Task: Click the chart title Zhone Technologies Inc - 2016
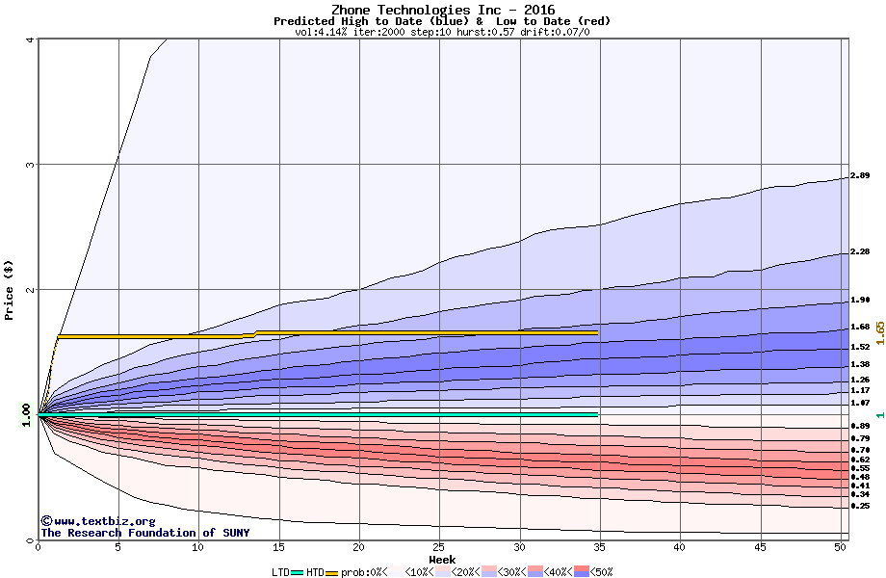[442, 10]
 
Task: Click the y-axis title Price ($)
[9, 290]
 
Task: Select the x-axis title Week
[442, 559]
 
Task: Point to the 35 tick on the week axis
[599, 547]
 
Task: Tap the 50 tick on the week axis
[840, 547]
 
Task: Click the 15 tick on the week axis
[278, 547]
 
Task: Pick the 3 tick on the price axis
[31, 165]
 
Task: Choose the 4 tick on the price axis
[31, 39]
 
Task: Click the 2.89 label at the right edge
[860, 176]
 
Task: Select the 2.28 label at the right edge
[860, 252]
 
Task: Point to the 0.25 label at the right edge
[860, 506]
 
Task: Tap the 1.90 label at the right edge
[860, 300]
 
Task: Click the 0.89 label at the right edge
[860, 426]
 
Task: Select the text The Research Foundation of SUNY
[144, 533]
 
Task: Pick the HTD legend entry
[316, 572]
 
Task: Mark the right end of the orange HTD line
[597, 332]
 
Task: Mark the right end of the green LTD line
[597, 414]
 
